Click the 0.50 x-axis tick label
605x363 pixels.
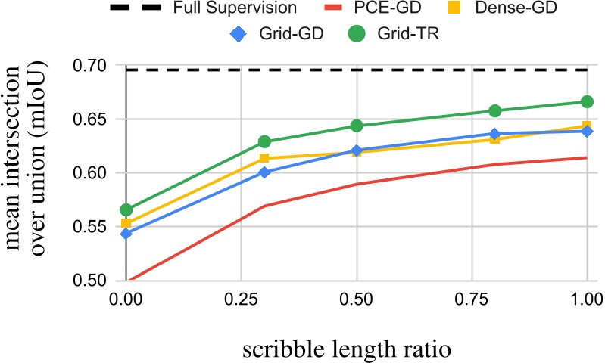[x=360, y=299]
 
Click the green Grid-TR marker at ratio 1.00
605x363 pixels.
[x=587, y=101]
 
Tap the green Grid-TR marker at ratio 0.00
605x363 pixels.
[x=126, y=209]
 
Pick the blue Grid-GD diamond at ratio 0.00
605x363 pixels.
[x=126, y=234]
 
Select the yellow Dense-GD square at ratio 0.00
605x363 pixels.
[x=126, y=223]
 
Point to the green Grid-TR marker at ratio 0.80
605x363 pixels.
[x=495, y=111]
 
